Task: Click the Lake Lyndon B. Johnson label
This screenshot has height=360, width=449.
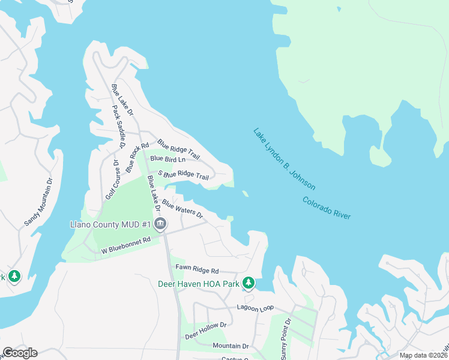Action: click(x=284, y=159)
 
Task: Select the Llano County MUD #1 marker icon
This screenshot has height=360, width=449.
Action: click(x=160, y=225)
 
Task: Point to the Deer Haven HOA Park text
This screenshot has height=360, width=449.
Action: click(x=199, y=283)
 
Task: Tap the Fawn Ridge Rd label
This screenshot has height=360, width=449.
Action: click(x=197, y=271)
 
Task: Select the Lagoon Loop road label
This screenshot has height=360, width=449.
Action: click(x=255, y=307)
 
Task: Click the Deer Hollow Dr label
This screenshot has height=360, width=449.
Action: click(x=205, y=329)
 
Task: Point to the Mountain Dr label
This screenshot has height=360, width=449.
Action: click(x=231, y=346)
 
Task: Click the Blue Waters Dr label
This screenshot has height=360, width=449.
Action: click(x=182, y=209)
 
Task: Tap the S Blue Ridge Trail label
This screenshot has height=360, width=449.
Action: click(x=183, y=176)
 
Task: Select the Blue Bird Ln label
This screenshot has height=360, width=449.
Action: click(x=167, y=159)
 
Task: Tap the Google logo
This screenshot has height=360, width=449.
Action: click(x=20, y=353)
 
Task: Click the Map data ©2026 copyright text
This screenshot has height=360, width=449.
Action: click(x=423, y=355)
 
